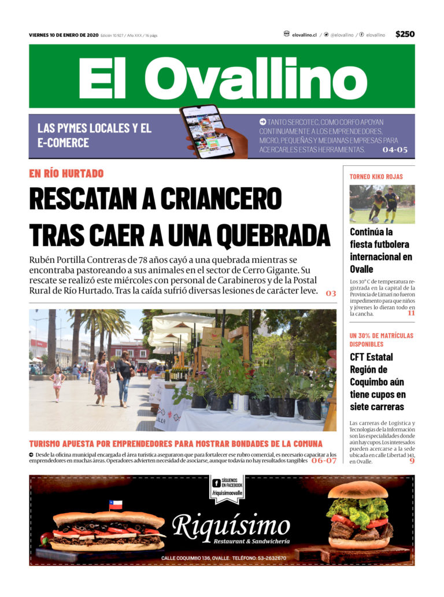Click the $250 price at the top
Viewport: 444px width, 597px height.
[x=405, y=34]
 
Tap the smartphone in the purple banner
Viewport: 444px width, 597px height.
[x=206, y=131]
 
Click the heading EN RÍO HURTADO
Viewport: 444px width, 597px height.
[x=66, y=173]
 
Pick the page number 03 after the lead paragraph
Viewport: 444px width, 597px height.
[x=331, y=293]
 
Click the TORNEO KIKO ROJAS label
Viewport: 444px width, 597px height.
[x=376, y=176]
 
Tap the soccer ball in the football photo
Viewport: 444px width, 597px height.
[x=375, y=220]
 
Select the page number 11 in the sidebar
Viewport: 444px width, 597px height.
[x=410, y=313]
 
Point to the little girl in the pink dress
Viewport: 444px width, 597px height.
[x=57, y=383]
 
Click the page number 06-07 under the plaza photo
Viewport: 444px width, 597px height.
[x=323, y=461]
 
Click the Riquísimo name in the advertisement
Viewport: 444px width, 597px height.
[x=231, y=526]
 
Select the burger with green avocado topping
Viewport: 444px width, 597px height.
[x=359, y=517]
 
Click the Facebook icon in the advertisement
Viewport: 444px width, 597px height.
[x=216, y=483]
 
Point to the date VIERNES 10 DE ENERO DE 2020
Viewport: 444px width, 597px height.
[x=64, y=35]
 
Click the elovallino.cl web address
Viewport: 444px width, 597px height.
[x=304, y=35]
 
